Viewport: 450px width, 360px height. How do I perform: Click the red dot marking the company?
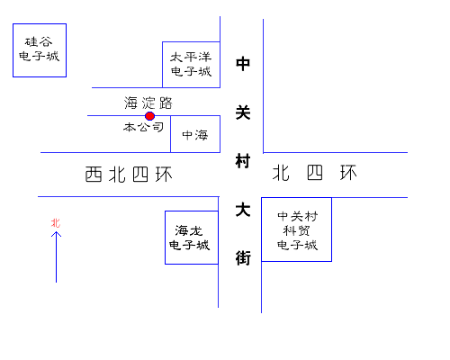point(149,116)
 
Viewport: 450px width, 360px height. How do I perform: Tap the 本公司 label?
point(143,127)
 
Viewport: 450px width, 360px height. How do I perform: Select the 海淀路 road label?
point(148,103)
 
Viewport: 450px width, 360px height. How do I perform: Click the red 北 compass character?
point(56,223)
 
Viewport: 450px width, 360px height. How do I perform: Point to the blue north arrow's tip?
point(56,232)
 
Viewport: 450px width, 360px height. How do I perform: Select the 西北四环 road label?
point(129,175)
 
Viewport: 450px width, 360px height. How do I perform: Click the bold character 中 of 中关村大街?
point(243,64)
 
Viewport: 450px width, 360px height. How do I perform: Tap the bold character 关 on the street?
point(243,112)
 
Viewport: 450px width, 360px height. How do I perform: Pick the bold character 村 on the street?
point(243,161)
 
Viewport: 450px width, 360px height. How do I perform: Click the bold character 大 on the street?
point(243,210)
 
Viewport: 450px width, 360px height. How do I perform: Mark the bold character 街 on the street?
point(243,258)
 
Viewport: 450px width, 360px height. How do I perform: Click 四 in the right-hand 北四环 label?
point(315,173)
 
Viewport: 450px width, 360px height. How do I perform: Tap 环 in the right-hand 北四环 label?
point(348,173)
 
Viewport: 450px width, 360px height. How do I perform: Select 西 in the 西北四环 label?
point(94,175)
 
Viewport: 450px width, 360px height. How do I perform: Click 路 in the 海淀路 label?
point(166,103)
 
